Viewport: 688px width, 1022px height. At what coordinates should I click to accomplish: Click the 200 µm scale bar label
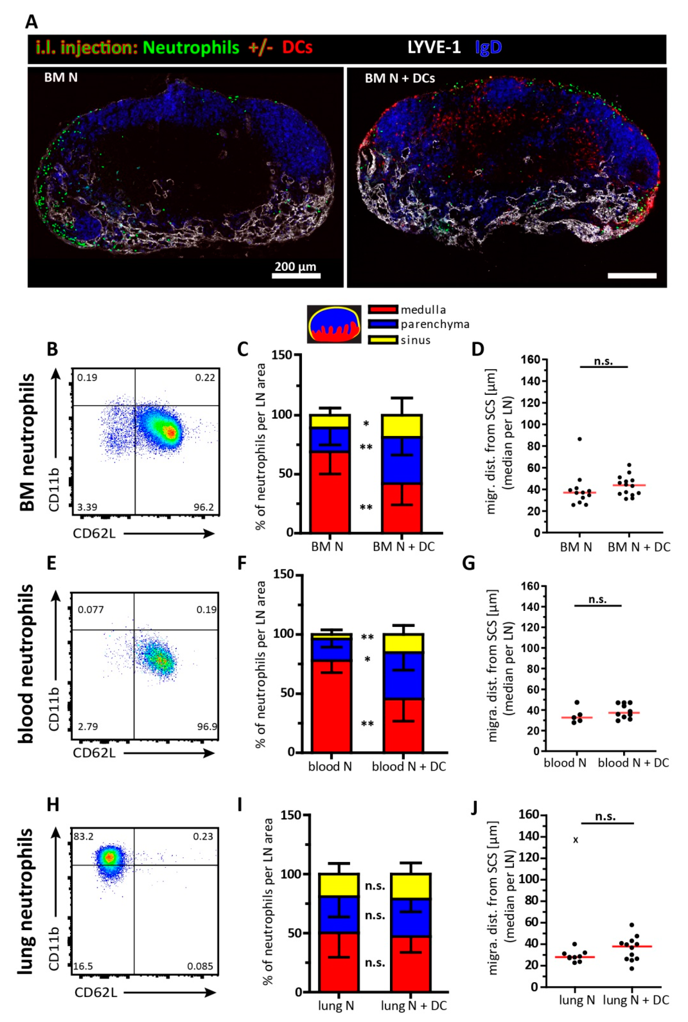(x=295, y=266)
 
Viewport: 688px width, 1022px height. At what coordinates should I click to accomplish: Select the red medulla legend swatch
(x=383, y=309)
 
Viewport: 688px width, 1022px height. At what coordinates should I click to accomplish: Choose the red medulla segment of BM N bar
(x=329, y=492)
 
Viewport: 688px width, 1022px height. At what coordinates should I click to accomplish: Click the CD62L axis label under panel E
(x=94, y=752)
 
